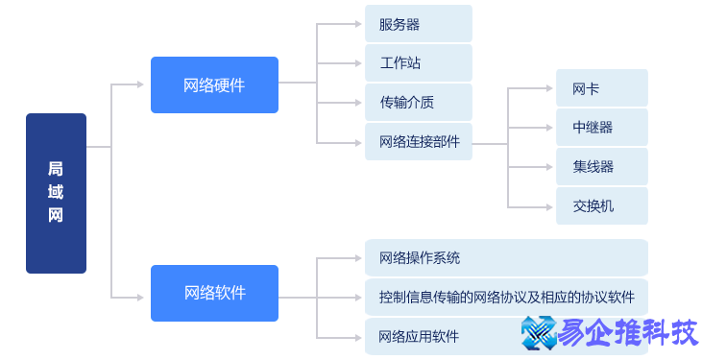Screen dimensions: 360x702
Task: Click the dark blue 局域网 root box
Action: (x=56, y=193)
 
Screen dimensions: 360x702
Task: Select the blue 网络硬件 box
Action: (x=214, y=84)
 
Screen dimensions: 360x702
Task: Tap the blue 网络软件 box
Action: (x=214, y=293)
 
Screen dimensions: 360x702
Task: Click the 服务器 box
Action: (x=418, y=23)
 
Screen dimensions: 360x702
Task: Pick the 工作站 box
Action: (x=418, y=62)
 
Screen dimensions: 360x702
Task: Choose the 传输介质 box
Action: (x=418, y=102)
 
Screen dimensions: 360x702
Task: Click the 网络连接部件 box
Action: (x=418, y=141)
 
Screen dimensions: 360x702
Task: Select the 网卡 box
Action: (x=602, y=88)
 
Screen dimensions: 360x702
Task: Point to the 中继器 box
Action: (x=602, y=127)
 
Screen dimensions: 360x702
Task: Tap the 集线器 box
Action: (x=602, y=166)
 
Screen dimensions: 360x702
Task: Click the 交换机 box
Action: (x=602, y=205)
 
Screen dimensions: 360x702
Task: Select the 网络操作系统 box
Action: (x=506, y=257)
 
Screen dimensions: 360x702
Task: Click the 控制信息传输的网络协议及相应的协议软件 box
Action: (x=506, y=297)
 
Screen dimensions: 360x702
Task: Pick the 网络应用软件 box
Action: (x=432, y=336)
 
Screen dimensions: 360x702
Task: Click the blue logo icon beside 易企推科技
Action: (x=540, y=332)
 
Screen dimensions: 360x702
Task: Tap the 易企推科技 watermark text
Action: (x=628, y=332)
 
